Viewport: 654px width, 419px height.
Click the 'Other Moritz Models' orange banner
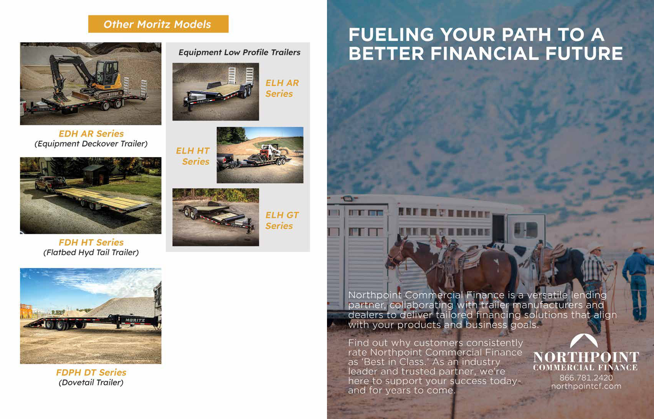(x=158, y=24)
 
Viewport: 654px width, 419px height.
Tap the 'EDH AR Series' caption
(x=91, y=134)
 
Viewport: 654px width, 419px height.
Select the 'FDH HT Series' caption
(x=91, y=242)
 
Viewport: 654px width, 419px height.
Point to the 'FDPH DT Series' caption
(x=91, y=372)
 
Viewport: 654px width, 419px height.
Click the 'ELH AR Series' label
(x=282, y=88)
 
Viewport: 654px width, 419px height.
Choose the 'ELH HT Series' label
(x=193, y=156)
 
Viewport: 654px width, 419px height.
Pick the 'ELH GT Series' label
(x=282, y=220)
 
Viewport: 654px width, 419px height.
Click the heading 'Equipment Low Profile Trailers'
(x=239, y=52)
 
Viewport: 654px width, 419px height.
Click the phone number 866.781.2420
(x=586, y=378)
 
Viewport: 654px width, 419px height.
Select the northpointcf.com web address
(x=586, y=386)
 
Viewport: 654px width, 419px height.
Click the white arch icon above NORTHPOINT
(x=585, y=341)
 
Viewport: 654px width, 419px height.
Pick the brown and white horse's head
(x=397, y=253)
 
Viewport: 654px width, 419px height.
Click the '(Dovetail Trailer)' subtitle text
(x=91, y=383)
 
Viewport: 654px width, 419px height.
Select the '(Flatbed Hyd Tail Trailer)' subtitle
(x=91, y=252)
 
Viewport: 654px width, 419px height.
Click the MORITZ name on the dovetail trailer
(x=134, y=320)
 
